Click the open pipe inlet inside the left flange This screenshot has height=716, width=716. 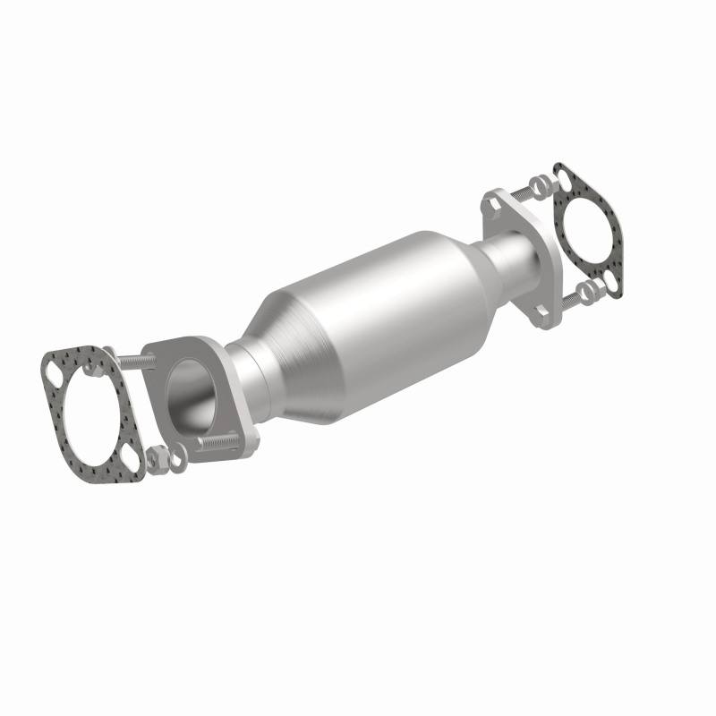(190, 393)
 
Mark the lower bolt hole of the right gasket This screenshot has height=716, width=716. (614, 279)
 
